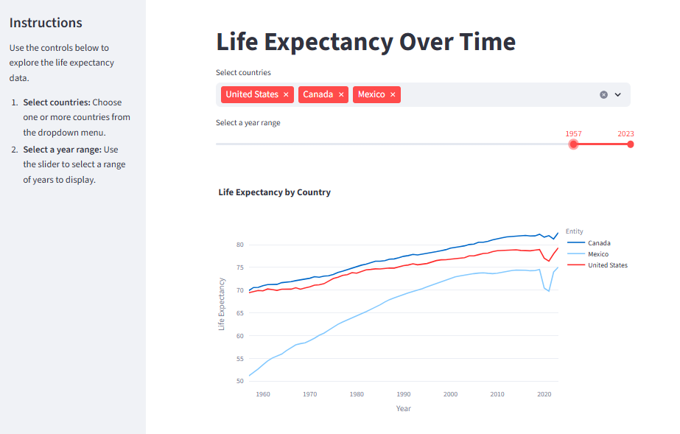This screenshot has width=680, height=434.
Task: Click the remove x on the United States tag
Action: [286, 94]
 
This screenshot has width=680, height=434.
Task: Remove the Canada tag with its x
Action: [341, 94]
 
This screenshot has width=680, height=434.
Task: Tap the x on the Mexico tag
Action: [393, 94]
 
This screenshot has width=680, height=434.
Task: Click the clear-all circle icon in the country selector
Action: [603, 94]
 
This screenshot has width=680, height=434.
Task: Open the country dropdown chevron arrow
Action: [618, 94]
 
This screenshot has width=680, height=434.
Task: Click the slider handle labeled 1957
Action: [573, 144]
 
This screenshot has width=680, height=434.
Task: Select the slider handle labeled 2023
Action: [631, 144]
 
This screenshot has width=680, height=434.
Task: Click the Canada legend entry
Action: [589, 243]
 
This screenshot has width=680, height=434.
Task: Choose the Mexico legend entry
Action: [588, 254]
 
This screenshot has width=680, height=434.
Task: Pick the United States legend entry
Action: [597, 265]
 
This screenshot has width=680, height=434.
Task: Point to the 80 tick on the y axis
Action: [240, 245]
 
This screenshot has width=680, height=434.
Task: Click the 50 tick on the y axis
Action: [240, 381]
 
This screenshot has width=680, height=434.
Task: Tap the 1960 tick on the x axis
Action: [263, 394]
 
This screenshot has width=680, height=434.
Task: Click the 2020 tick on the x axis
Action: [544, 394]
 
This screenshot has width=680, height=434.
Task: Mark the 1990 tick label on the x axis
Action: [403, 394]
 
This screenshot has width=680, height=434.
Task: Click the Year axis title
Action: [403, 408]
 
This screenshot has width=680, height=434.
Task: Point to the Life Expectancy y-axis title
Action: [222, 304]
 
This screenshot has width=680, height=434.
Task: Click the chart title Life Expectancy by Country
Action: [275, 192]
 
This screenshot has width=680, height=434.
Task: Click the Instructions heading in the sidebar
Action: [46, 23]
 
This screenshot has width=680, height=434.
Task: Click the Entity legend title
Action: [574, 231]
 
